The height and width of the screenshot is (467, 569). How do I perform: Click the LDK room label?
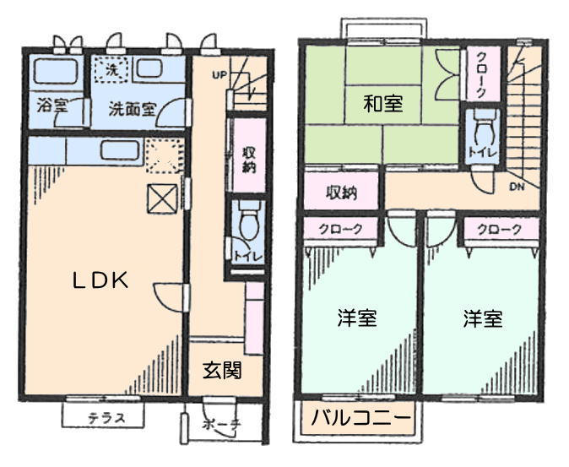(100, 280)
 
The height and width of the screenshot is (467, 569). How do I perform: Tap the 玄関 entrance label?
(222, 370)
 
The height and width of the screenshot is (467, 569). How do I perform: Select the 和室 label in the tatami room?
(382, 103)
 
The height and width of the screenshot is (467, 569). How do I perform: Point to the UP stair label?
(219, 75)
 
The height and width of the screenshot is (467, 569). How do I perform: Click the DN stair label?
(517, 187)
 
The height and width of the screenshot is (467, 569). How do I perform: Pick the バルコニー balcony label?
(361, 418)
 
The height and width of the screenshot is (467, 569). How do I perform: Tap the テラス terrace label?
(106, 418)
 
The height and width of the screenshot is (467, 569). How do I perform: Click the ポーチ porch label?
(222, 424)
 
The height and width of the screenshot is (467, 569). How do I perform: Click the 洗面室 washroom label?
(133, 109)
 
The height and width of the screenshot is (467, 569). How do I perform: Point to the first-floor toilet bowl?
(248, 220)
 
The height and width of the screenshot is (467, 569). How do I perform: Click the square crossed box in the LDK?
(162, 198)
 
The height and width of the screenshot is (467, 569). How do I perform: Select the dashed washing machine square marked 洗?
(112, 70)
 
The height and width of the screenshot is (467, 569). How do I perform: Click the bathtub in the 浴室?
(56, 71)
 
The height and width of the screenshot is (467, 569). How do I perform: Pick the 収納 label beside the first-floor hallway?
(249, 160)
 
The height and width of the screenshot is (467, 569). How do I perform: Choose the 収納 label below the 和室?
(341, 193)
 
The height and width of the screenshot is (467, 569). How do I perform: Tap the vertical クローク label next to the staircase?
(481, 75)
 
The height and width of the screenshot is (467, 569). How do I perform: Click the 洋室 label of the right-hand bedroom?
(483, 318)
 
